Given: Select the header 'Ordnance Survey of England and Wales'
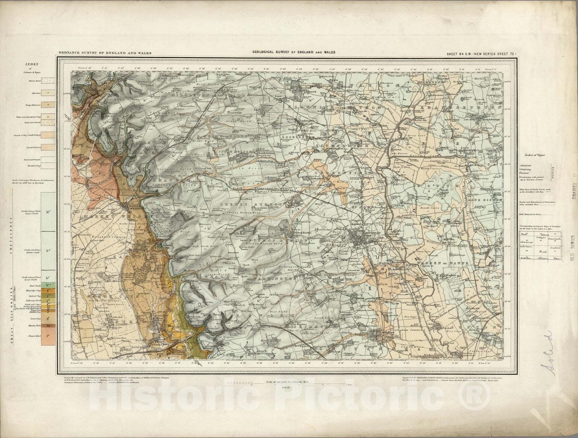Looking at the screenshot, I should pyautogui.click(x=105, y=53).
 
